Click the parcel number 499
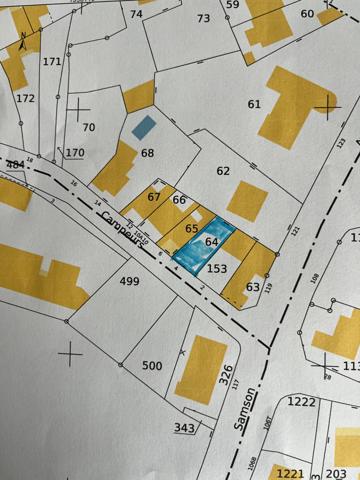129,281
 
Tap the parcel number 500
151,366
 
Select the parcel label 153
217,268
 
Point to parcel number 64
211,242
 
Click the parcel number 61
253,104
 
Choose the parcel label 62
222,171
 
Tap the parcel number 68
148,153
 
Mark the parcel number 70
88,127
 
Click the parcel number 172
25,98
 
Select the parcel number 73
204,18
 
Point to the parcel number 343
183,428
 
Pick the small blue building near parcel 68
145,127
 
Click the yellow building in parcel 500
200,368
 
